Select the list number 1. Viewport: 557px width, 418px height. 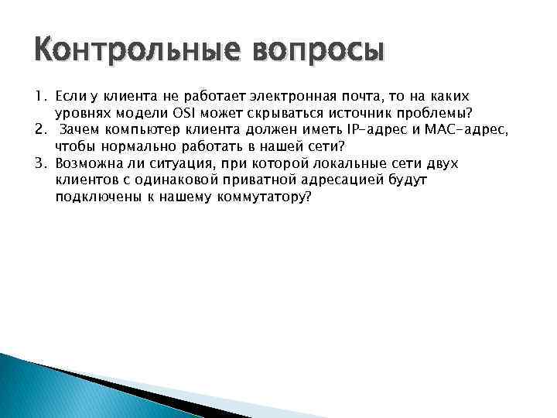(39, 95)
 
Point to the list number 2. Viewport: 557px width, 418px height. (39, 129)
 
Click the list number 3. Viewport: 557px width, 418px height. (39, 163)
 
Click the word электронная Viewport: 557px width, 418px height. (290, 95)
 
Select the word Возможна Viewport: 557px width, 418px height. (87, 163)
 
